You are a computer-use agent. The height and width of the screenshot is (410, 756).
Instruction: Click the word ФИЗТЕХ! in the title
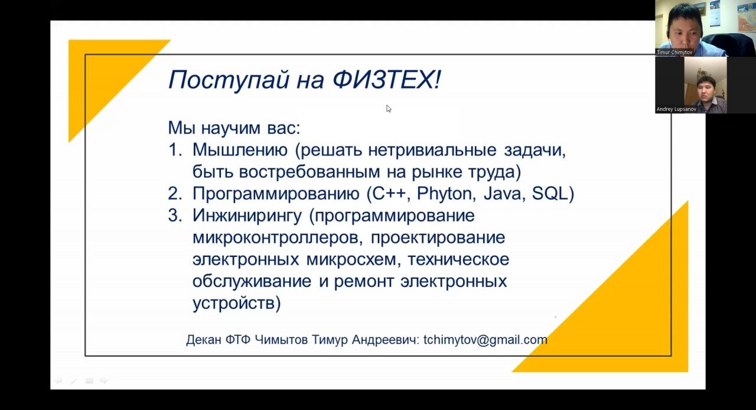[387, 79]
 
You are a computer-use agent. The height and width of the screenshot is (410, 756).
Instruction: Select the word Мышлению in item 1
[240, 150]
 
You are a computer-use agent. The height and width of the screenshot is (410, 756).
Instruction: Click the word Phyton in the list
[445, 194]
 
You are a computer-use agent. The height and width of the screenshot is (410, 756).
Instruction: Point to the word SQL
[550, 194]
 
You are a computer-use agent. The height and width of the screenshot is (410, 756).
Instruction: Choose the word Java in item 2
[502, 194]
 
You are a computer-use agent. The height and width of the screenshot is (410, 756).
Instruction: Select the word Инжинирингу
[247, 216]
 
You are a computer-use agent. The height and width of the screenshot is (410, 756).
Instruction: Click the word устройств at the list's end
[233, 303]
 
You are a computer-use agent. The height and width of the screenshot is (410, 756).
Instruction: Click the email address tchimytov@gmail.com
[485, 340]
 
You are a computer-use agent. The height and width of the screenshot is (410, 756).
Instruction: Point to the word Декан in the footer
[204, 340]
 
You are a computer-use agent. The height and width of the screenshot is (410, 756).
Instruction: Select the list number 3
[175, 216]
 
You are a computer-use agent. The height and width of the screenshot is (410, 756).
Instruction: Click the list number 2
[175, 194]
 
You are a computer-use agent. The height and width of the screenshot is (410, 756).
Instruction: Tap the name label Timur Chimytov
[674, 53]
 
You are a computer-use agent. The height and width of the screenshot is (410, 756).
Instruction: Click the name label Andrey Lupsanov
[676, 109]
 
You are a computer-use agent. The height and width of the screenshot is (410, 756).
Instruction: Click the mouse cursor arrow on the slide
[389, 109]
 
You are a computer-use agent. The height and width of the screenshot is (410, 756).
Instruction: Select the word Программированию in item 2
[276, 194]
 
